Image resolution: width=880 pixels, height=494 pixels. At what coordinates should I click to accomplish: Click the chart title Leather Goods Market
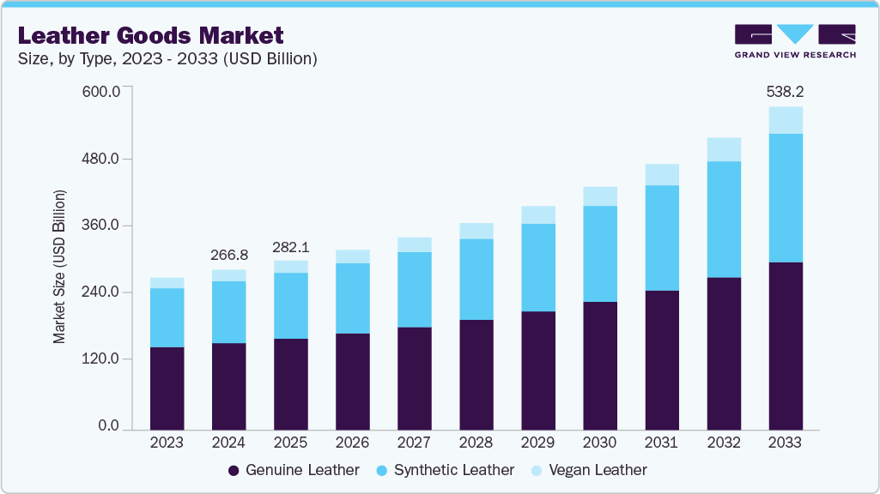pos(150,36)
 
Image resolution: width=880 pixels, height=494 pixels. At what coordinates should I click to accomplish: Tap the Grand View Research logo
pos(795,41)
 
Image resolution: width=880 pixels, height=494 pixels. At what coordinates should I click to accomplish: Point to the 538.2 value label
pos(785,91)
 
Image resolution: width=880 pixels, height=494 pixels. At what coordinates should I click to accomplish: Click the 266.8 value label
pos(228,255)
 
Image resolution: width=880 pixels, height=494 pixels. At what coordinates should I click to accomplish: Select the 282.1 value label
pos(290,247)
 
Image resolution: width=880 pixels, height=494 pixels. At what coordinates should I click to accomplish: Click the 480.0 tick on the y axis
pos(102,160)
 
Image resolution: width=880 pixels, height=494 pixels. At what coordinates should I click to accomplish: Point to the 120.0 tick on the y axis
pos(102,359)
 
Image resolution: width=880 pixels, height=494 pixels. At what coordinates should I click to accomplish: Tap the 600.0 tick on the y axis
pos(102,93)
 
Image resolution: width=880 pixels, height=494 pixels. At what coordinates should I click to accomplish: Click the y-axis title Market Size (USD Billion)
pos(59,266)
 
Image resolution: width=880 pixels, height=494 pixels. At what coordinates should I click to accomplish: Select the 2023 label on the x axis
pos(167,443)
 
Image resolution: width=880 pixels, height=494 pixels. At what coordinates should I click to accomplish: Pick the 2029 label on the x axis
pos(537,443)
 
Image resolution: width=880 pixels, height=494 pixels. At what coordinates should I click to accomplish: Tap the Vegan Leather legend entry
pos(590,470)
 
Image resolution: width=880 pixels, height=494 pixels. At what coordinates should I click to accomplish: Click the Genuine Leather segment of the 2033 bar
pos(785,346)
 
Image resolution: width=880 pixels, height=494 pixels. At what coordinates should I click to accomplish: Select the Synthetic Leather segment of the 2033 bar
pos(785,198)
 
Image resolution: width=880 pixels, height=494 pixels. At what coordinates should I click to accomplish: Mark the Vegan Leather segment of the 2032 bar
pos(723,149)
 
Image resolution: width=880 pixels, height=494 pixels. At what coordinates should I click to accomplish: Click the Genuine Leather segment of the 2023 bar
pos(167,388)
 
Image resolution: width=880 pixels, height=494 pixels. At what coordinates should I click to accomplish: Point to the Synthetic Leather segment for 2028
pos(476,280)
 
